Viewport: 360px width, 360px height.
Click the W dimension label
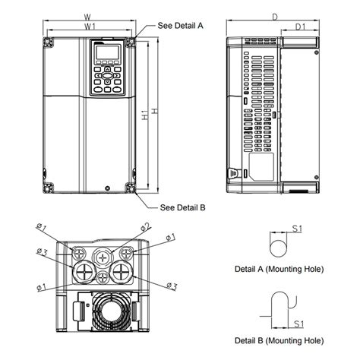pos(88,15)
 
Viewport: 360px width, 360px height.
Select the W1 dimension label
pos(90,27)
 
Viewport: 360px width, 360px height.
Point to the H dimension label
pos(155,112)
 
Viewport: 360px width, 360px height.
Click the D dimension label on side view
pos(274,15)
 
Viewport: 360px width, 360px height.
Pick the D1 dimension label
pos(300,27)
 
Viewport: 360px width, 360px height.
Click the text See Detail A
pos(181,25)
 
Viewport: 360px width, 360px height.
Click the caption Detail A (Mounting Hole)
pos(279,269)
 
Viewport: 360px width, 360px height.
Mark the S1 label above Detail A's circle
pos(298,227)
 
